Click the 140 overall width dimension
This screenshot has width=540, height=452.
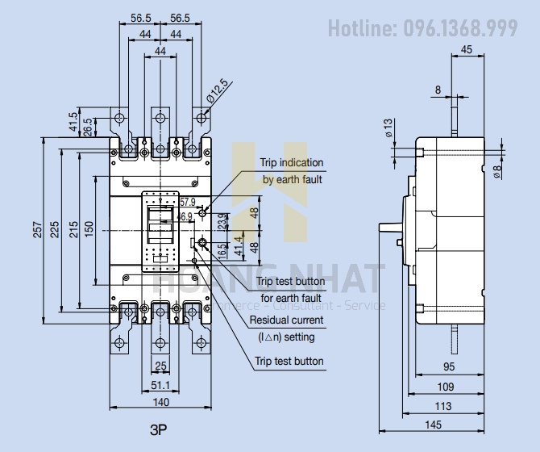coord(162,401)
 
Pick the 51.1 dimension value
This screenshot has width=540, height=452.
coord(161,387)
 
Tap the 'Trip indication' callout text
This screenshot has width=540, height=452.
coord(291,163)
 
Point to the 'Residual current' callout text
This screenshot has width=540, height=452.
coord(286,320)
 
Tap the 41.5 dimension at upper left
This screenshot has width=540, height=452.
coord(73,122)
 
